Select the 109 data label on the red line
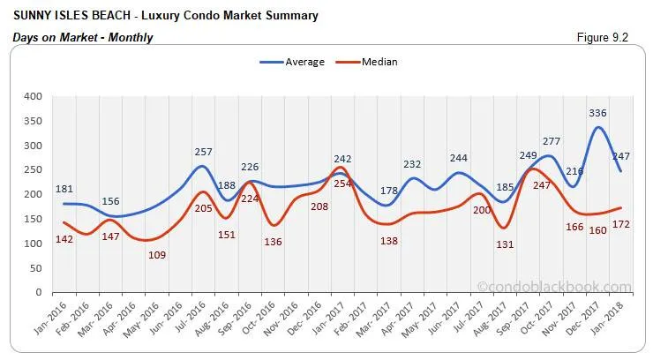[x=156, y=255]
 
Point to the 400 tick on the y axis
[x=34, y=96]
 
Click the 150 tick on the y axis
[x=34, y=219]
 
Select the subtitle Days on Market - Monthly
[x=83, y=37]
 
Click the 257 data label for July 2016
[x=204, y=154]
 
